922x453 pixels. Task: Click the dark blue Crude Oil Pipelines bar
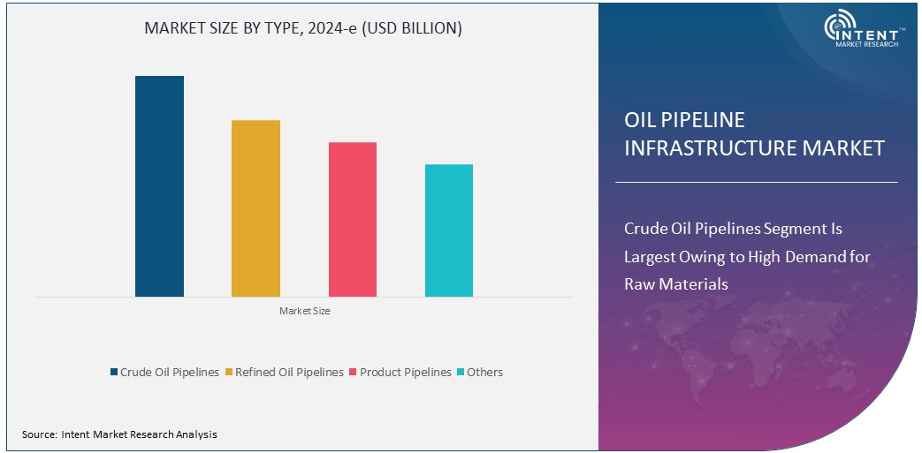click(159, 185)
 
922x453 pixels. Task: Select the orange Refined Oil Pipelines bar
click(255, 208)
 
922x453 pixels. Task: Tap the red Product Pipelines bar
click(352, 219)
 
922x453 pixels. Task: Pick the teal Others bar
click(448, 230)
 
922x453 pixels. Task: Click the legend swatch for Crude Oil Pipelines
click(114, 373)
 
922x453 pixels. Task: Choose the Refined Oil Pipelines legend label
click(289, 373)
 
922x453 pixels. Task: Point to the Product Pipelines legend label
click(406, 373)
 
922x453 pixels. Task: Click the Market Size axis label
click(304, 311)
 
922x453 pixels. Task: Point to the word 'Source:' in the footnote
click(40, 434)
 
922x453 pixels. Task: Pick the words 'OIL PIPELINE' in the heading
click(684, 120)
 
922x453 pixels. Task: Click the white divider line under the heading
click(756, 183)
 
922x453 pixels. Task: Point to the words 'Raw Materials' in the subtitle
click(676, 284)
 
